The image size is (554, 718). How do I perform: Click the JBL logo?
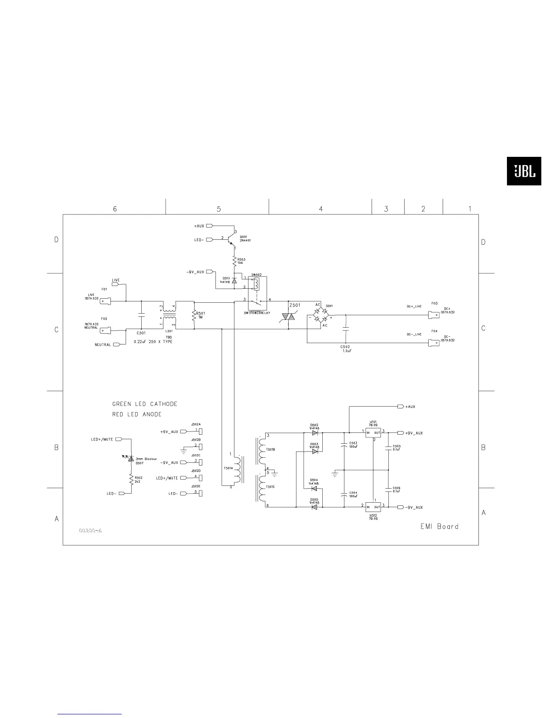524,171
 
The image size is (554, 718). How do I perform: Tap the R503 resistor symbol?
234,262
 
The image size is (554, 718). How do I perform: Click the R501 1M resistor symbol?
194,315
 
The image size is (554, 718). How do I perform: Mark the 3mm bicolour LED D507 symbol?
131,458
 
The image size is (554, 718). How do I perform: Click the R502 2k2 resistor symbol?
131,479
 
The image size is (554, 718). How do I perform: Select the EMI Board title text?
438,526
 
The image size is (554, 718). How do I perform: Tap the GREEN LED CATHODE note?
145,404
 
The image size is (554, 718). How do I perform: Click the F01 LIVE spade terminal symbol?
105,300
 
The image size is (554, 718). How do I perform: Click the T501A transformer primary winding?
236,470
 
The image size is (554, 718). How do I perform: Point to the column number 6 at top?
115,209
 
